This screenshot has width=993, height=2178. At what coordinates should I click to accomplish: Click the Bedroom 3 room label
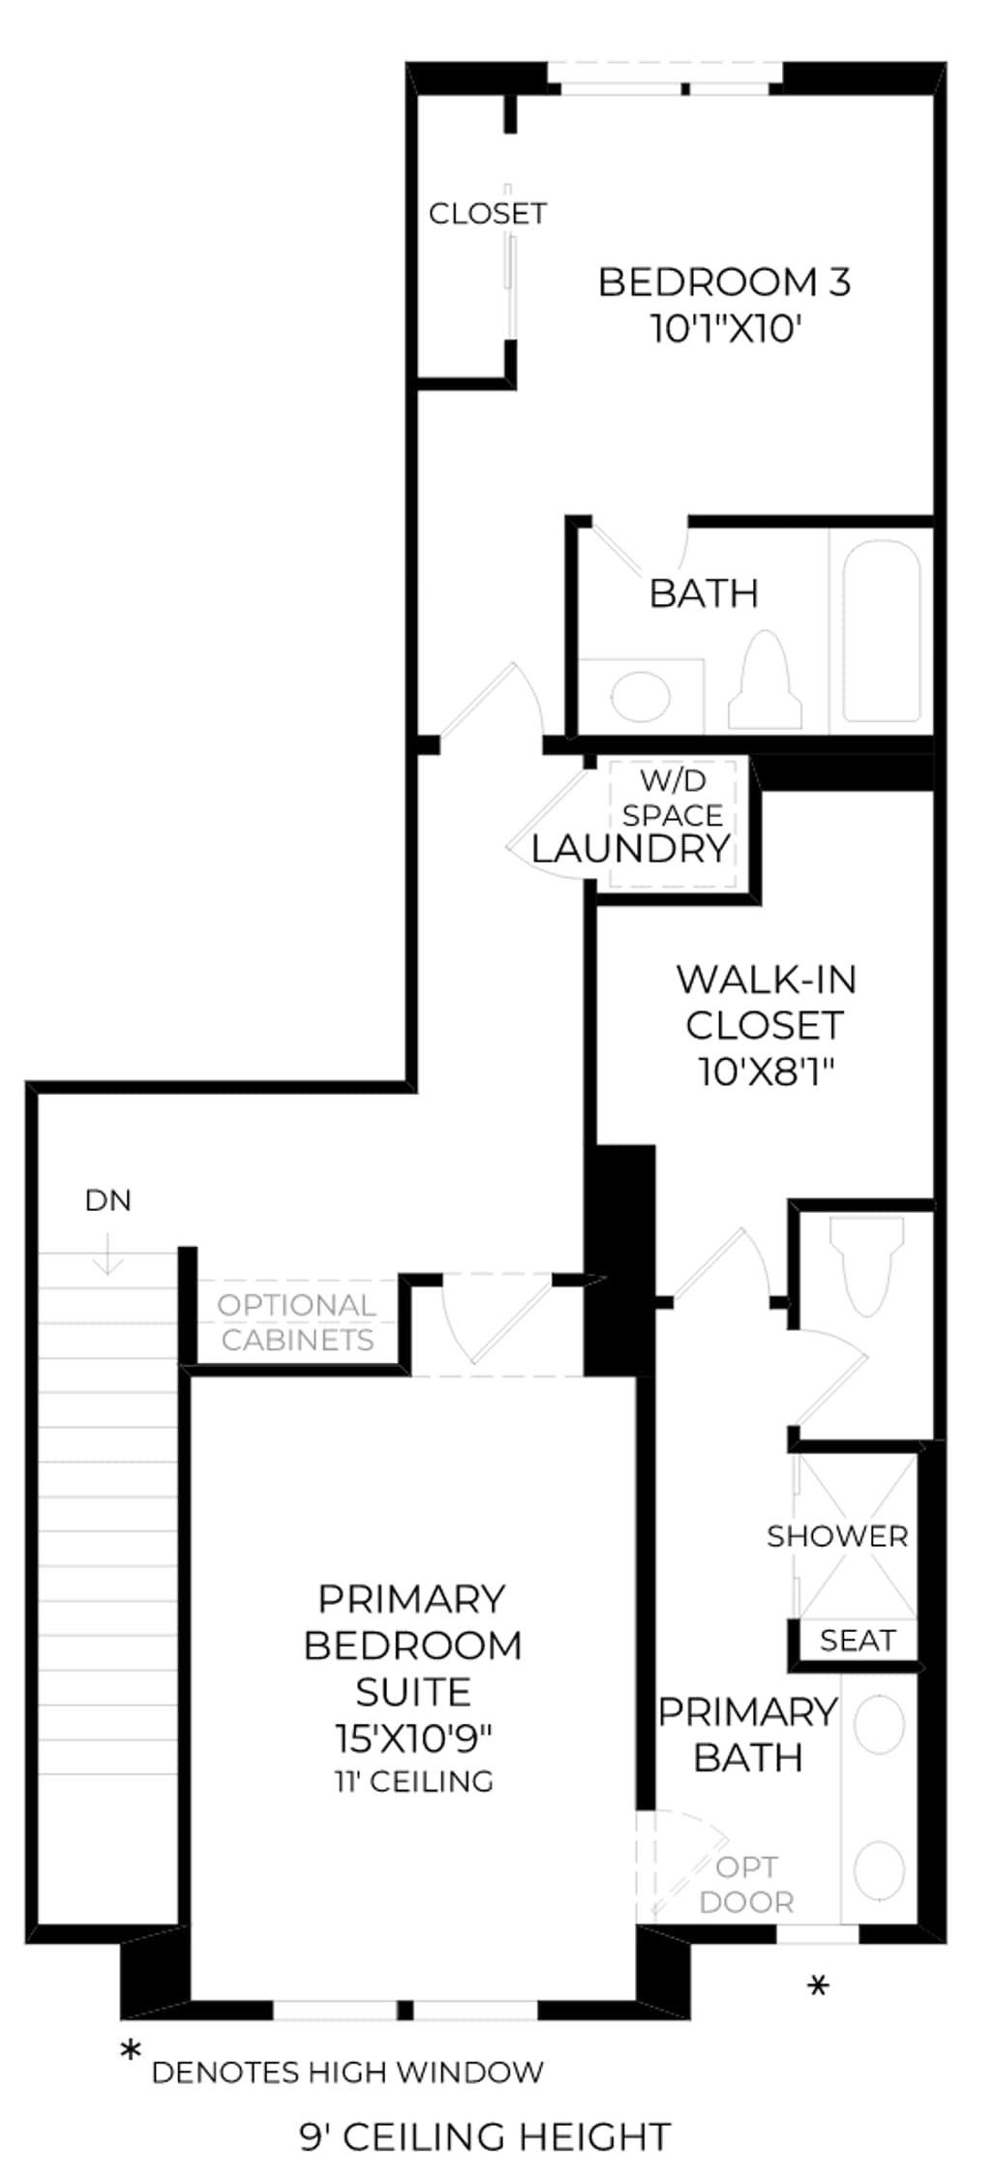coord(724,283)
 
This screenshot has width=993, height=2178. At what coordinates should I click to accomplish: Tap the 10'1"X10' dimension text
coord(727,329)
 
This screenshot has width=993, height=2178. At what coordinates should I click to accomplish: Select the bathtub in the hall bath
coord(881,631)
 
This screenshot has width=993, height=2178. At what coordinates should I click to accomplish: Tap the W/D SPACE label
coord(673,798)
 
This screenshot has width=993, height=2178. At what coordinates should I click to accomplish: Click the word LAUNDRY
coord(630,849)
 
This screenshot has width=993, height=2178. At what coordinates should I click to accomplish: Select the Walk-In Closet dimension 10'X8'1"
coord(767,1072)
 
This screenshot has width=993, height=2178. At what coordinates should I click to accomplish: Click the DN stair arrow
coord(107,1253)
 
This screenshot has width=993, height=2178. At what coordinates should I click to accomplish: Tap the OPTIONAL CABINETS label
coord(297,1322)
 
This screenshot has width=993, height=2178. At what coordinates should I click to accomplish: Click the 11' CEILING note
coord(414,1781)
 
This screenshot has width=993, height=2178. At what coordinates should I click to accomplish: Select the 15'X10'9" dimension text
coord(413,1739)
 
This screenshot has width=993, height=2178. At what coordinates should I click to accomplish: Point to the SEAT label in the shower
coord(858,1641)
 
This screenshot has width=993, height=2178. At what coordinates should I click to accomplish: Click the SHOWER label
coord(837,1536)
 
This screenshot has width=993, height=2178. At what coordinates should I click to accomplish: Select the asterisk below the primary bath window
coord(819,1986)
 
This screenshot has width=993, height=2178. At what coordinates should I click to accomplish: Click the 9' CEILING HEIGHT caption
coord(485,2136)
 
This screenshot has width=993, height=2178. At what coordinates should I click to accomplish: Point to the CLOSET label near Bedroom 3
coord(488,213)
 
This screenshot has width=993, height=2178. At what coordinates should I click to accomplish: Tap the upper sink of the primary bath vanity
coord(880,1723)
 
